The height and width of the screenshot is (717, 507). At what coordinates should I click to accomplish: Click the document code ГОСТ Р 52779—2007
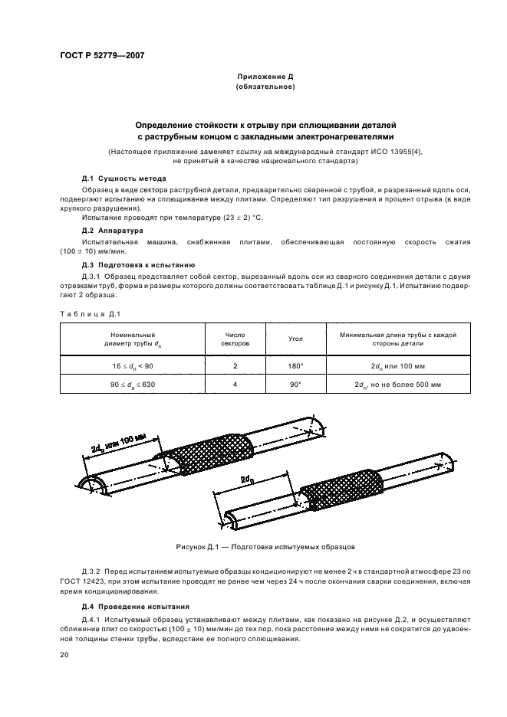tap(102, 55)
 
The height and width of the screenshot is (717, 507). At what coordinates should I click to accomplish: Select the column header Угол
tap(295, 338)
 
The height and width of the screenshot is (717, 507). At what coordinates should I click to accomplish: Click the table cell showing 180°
tap(295, 365)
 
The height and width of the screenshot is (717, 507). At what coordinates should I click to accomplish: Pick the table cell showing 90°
tap(295, 383)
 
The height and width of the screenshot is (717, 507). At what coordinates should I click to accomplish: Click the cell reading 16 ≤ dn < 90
tap(132, 365)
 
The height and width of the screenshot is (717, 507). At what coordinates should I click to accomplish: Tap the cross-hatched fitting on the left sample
tap(206, 453)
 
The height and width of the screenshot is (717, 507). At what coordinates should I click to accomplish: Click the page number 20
tap(64, 655)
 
